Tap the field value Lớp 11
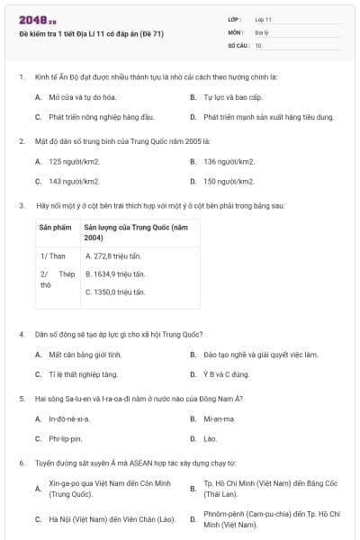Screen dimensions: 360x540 pos(264,19)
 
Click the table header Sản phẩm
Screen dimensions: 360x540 pos(55,228)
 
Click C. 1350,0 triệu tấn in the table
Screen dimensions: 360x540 pos(117,292)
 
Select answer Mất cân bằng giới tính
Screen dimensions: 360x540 pos(87,355)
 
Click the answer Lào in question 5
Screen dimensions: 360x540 pos(211,439)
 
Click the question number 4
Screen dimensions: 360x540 pos(22,334)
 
